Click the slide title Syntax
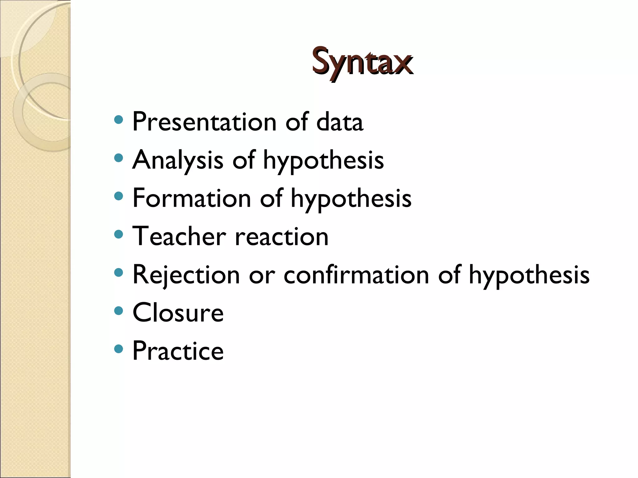(x=362, y=62)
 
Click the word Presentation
(x=204, y=122)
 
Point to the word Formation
(x=192, y=199)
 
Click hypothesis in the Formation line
(x=351, y=199)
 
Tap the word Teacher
(x=179, y=237)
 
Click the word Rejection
(x=186, y=275)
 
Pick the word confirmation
(x=356, y=275)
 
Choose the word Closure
(x=178, y=313)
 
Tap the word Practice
(x=178, y=351)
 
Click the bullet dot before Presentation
(x=118, y=119)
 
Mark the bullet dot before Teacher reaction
(x=118, y=234)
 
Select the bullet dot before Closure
(x=118, y=311)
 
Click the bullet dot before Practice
(x=118, y=349)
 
